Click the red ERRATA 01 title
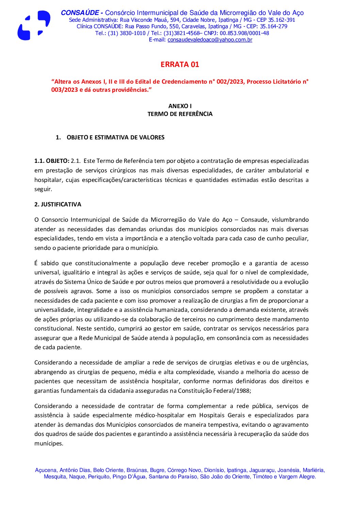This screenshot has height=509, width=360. tap(180, 64)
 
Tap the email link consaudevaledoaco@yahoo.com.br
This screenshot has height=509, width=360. tap(210, 40)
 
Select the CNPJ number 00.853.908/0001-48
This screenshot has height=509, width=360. tap(244, 33)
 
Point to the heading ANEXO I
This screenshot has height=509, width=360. tap(180, 106)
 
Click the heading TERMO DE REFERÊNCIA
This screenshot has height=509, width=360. tap(180, 114)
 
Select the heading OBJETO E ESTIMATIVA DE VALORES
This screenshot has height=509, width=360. tap(115, 137)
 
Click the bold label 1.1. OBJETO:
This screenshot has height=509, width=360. tap(52, 161)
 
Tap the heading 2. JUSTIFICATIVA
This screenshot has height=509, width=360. tap(58, 204)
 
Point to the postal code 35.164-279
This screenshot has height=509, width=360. tap(274, 27)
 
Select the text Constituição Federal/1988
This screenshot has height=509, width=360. tap(214, 391)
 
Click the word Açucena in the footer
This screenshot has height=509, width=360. tap(46, 470)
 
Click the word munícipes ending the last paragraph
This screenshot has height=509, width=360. tap(48, 443)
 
